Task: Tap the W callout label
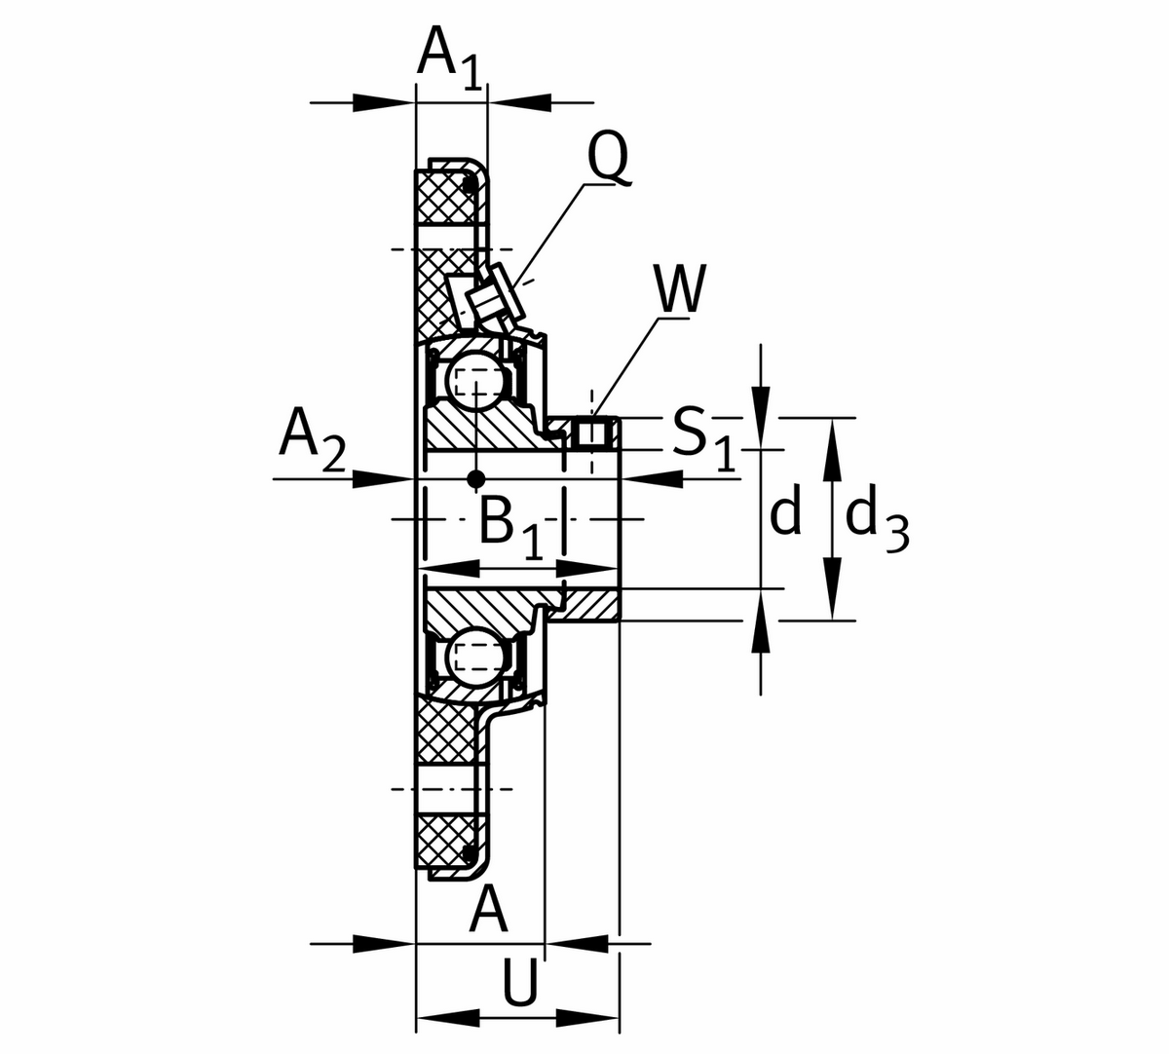[679, 289]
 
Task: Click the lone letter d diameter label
[785, 512]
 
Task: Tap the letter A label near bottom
[489, 911]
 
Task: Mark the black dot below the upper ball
[475, 478]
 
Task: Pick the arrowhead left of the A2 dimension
[380, 478]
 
